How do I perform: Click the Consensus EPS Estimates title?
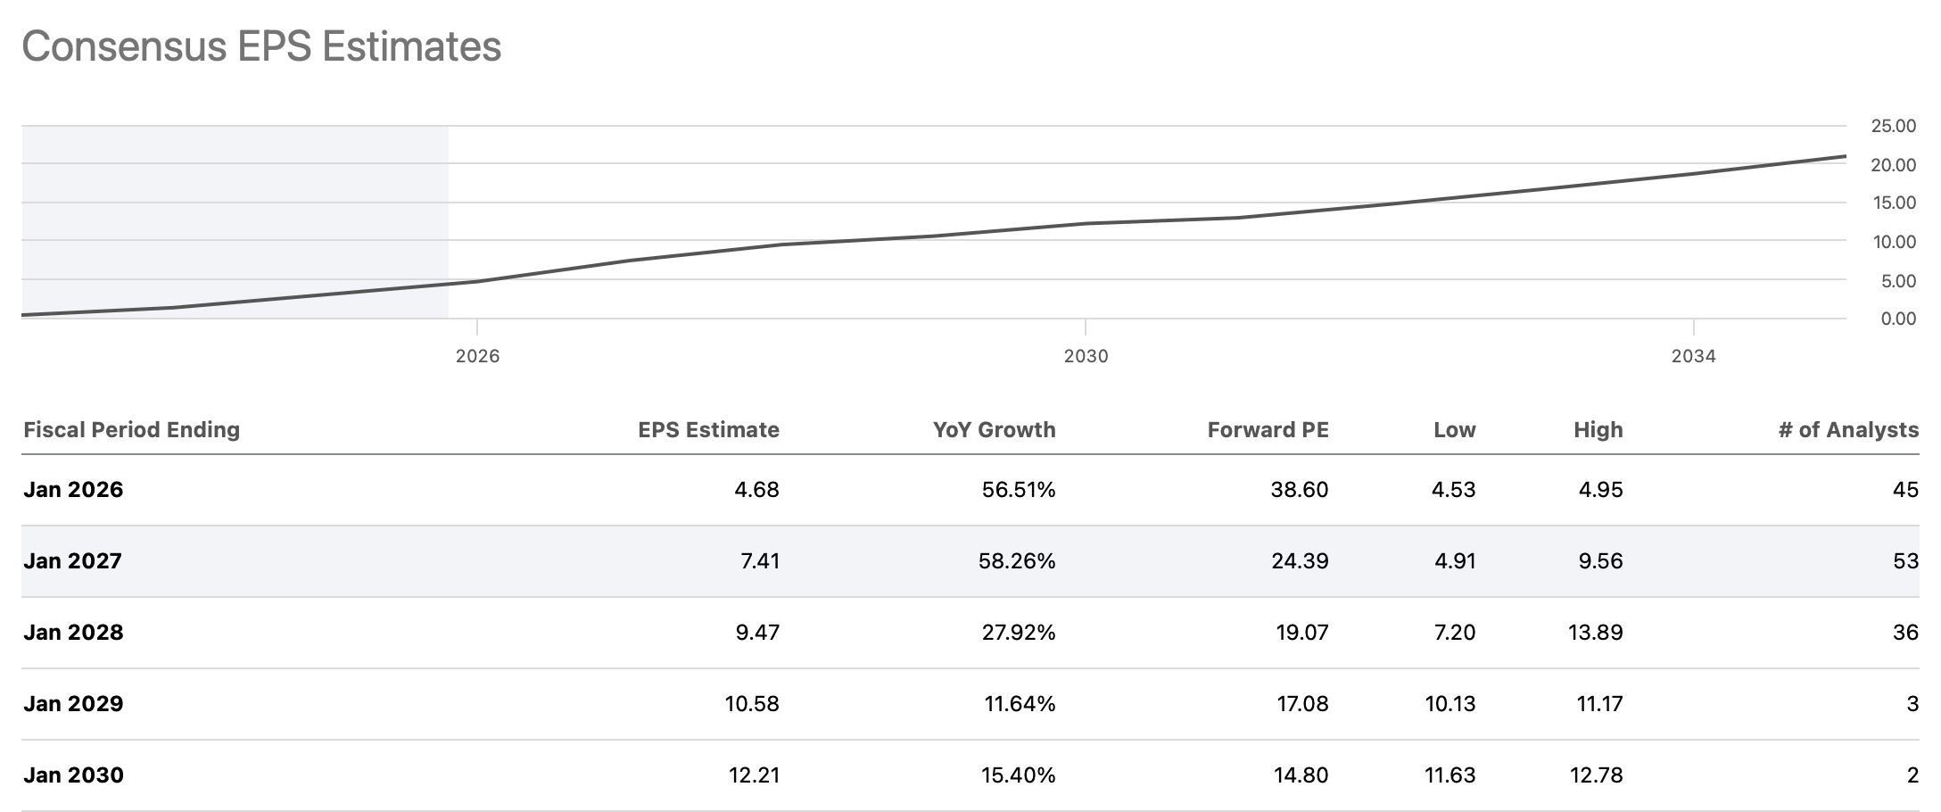pyautogui.click(x=261, y=46)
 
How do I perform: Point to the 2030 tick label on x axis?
pyautogui.click(x=1086, y=356)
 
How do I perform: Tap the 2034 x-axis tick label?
pyautogui.click(x=1693, y=356)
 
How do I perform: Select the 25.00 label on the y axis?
pyautogui.click(x=1893, y=127)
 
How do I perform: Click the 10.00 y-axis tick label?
pyautogui.click(x=1893, y=242)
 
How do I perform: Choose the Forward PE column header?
pyautogui.click(x=1268, y=430)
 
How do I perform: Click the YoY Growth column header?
pyautogui.click(x=994, y=430)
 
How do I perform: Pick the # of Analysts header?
pyautogui.click(x=1847, y=430)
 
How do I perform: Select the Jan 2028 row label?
pyautogui.click(x=73, y=633)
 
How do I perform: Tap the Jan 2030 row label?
pyautogui.click(x=73, y=775)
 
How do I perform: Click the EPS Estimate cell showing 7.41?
pyautogui.click(x=760, y=561)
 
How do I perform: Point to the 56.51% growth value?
pyautogui.click(x=1018, y=490)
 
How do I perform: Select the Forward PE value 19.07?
pyautogui.click(x=1301, y=633)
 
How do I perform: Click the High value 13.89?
pyautogui.click(x=1595, y=633)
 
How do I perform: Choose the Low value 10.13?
pyautogui.click(x=1450, y=704)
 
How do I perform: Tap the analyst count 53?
pyautogui.click(x=1905, y=561)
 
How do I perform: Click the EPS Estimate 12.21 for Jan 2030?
pyautogui.click(x=754, y=775)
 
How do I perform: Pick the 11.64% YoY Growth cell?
pyautogui.click(x=1019, y=704)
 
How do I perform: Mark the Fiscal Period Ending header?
pyautogui.click(x=132, y=430)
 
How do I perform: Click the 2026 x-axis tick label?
pyautogui.click(x=477, y=356)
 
